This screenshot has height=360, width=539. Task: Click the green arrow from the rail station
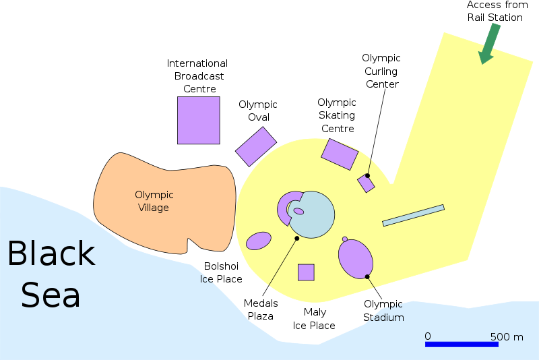tap(489, 44)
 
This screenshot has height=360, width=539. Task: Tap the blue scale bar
tap(462, 344)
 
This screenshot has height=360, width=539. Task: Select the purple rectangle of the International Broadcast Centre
tap(199, 121)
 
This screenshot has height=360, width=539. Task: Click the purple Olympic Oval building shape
tap(256, 147)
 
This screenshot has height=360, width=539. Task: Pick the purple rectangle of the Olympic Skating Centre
tap(340, 154)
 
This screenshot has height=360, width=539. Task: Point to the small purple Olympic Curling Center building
tap(366, 183)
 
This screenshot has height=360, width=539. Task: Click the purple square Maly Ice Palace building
tap(306, 272)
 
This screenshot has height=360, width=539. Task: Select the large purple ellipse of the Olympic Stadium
tap(356, 259)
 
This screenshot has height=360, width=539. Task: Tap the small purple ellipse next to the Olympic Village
tap(259, 241)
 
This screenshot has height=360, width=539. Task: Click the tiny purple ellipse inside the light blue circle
tap(298, 211)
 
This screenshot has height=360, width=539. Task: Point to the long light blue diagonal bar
tap(413, 216)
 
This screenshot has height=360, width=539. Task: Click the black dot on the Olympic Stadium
tap(367, 277)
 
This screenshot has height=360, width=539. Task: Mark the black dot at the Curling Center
tap(367, 176)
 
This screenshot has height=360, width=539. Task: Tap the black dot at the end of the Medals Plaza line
tap(297, 238)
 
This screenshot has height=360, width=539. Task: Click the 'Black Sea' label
tap(51, 274)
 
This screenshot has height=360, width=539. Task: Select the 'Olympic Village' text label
tap(154, 201)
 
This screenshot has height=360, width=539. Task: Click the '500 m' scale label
tap(507, 337)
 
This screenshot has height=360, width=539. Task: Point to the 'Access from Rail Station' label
tap(497, 11)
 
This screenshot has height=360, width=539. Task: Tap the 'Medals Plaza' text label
tap(261, 310)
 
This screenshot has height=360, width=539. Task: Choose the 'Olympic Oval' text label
tap(258, 111)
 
